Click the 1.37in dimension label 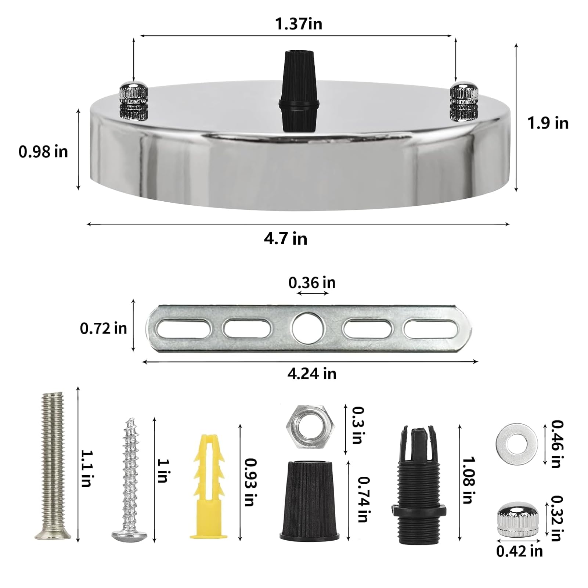click(299, 24)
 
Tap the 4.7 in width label click(285, 239)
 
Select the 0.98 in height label click(43, 152)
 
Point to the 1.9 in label click(548, 123)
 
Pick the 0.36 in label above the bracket click(312, 283)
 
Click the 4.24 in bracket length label click(312, 374)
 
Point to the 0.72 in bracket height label click(103, 328)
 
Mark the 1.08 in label click(468, 480)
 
